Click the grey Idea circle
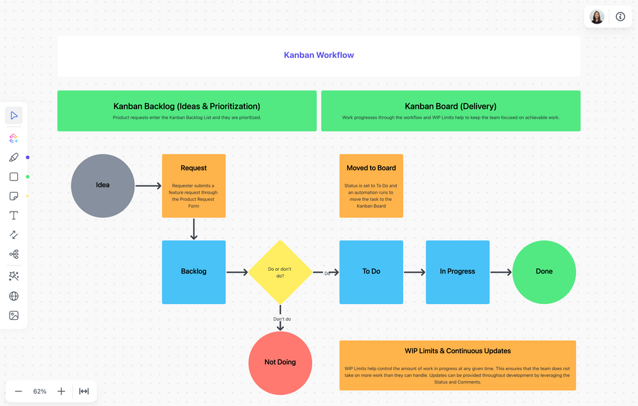(x=103, y=185)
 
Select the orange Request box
(x=193, y=186)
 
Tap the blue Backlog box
(x=193, y=272)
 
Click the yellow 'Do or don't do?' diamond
(x=280, y=272)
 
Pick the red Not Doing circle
(x=280, y=362)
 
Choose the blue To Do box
(x=371, y=272)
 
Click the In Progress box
(x=457, y=272)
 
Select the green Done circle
(x=544, y=272)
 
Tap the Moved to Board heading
(x=371, y=168)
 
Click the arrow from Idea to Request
(x=148, y=186)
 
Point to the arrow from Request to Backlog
(x=194, y=229)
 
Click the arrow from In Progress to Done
(x=501, y=272)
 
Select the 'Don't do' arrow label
(x=282, y=319)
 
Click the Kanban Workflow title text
(x=319, y=55)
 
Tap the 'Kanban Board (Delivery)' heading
(x=450, y=106)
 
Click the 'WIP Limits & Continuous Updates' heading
(x=457, y=351)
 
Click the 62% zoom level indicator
(x=40, y=391)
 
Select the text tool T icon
(x=13, y=215)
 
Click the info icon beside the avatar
(x=620, y=17)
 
